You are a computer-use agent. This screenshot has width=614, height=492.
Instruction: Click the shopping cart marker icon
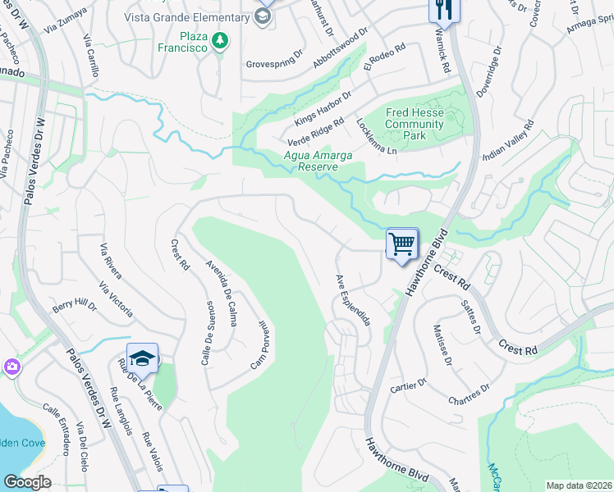coord(402,244)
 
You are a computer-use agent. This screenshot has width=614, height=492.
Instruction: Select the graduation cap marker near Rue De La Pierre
coord(142,359)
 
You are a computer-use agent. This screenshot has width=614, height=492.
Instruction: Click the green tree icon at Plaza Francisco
coord(219,40)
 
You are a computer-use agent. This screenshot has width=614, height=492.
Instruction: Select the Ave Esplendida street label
coord(352,299)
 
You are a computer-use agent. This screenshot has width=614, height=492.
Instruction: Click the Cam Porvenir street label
coord(259,344)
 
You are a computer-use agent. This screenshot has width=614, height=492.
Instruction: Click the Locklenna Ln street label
coord(377,136)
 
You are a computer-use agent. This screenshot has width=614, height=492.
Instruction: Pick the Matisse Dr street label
coord(441,344)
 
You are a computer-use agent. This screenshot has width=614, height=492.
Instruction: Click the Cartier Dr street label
coord(409,382)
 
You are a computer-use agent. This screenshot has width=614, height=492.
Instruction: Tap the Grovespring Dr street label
coord(278,63)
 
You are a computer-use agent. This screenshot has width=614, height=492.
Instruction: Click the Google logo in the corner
coord(26,482)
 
